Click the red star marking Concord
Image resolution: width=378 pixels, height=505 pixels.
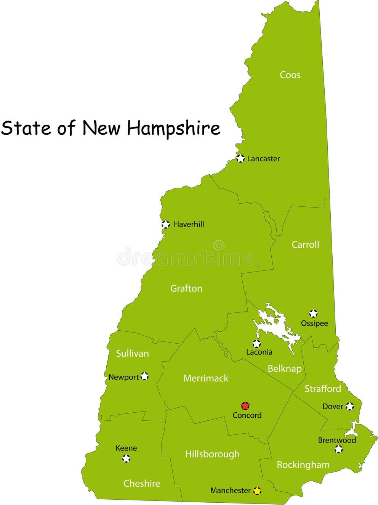pyautogui.click(x=245, y=405)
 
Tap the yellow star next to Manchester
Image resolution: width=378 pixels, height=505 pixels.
pyautogui.click(x=257, y=491)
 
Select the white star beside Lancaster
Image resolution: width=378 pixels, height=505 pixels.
pyautogui.click(x=240, y=158)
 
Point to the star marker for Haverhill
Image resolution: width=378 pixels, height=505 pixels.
pyautogui.click(x=165, y=224)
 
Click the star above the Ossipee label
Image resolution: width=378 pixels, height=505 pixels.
pyautogui.click(x=313, y=314)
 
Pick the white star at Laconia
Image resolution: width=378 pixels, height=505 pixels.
pyautogui.click(x=257, y=343)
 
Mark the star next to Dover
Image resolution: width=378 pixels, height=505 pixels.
pyautogui.click(x=350, y=406)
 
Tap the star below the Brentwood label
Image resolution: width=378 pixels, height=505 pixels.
pyautogui.click(x=338, y=449)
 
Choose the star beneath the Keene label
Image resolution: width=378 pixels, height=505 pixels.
pyautogui.click(x=126, y=458)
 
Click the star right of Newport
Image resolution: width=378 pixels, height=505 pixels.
pyautogui.click(x=144, y=376)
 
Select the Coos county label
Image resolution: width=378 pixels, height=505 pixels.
pyautogui.click(x=290, y=75)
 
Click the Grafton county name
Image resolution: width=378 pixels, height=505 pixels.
pyautogui.click(x=186, y=288)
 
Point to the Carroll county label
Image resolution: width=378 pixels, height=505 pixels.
pyautogui.click(x=305, y=244)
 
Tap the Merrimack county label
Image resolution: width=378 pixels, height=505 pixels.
pyautogui.click(x=206, y=378)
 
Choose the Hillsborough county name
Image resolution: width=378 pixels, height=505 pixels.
pyautogui.click(x=212, y=454)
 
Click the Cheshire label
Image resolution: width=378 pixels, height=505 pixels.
pyautogui.click(x=142, y=483)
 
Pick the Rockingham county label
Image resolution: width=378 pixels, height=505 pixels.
pyautogui.click(x=303, y=465)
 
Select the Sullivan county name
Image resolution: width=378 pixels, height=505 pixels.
pyautogui.click(x=132, y=353)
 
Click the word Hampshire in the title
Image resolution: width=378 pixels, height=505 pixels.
pyautogui.click(x=174, y=128)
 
